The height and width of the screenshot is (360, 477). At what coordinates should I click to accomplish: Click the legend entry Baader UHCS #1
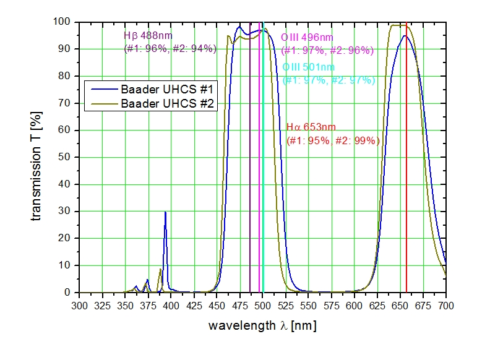(x=167, y=90)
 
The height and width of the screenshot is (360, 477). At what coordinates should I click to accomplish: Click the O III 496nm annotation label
(x=307, y=38)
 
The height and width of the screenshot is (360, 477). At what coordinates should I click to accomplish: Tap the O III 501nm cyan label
(x=309, y=67)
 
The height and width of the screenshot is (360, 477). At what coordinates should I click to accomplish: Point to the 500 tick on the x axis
(x=262, y=306)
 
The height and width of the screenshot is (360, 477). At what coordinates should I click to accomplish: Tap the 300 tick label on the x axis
(x=80, y=306)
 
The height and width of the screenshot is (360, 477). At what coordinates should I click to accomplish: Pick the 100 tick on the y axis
(x=66, y=22)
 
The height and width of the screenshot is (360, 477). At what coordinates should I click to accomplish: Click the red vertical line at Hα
(x=406, y=186)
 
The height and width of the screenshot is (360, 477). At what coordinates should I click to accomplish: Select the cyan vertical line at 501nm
(x=264, y=186)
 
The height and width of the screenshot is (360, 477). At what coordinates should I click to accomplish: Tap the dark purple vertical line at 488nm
(x=250, y=186)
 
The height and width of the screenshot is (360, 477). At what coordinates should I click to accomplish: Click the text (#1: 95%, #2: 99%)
(x=333, y=140)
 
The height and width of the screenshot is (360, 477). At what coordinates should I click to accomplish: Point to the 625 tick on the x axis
(x=377, y=306)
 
